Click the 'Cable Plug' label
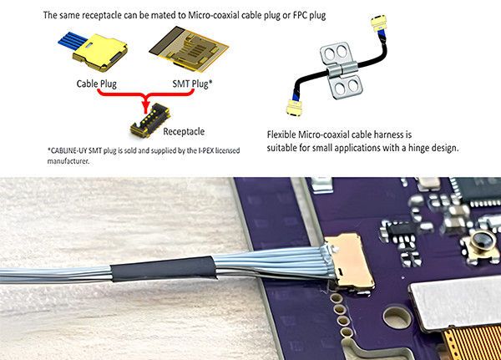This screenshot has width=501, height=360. click(x=97, y=84)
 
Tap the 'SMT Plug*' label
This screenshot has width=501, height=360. click(x=192, y=84)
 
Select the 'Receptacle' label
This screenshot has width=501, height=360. click(x=184, y=131)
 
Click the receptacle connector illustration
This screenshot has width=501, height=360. click(x=149, y=120)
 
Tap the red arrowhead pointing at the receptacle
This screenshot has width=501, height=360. click(x=146, y=105)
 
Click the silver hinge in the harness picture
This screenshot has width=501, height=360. click(x=342, y=71)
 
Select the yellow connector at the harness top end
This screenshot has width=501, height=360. click(x=378, y=23)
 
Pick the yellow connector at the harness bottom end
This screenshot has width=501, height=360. click(x=294, y=108)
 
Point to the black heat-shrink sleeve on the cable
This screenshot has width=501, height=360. click(x=164, y=269)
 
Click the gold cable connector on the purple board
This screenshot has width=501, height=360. click(x=349, y=261)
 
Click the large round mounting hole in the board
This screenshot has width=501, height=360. click(x=397, y=317)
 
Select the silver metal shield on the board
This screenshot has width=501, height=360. click(x=456, y=302)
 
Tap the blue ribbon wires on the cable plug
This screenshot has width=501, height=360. click(x=73, y=41)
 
